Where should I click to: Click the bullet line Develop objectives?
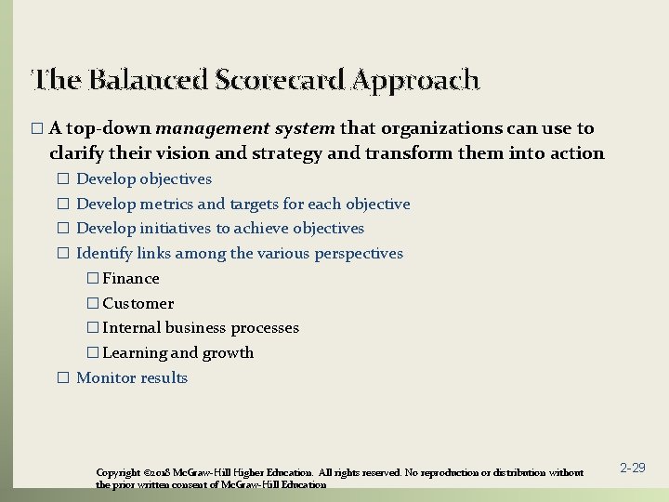[143, 178]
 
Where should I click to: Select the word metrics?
[168, 204]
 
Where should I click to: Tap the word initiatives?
[175, 229]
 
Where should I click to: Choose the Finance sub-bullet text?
[130, 278]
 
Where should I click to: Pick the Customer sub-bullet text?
[138, 303]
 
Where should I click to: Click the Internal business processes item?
[200, 328]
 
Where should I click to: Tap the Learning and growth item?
[177, 353]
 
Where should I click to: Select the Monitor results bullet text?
[131, 377]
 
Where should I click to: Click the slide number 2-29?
[632, 468]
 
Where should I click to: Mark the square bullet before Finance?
[91, 279]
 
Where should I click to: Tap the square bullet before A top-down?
[36, 129]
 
